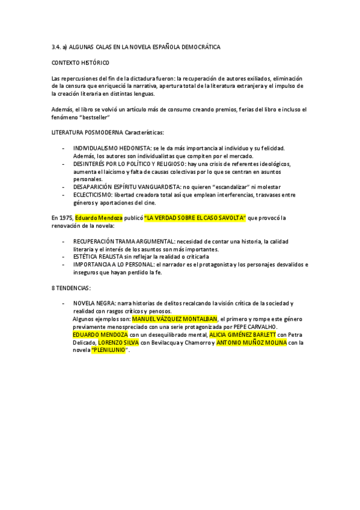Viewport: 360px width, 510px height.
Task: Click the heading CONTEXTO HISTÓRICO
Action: (x=81, y=62)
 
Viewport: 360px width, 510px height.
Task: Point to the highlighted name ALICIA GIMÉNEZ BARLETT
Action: (x=242, y=334)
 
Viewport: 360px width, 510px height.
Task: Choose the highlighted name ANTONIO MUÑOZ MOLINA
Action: (x=251, y=342)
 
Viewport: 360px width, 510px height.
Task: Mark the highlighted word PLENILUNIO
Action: (x=109, y=349)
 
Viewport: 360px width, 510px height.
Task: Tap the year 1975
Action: (x=66, y=217)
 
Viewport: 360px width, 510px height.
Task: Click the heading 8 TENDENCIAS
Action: (x=71, y=287)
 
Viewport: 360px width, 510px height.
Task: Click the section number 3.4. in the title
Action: (x=56, y=46)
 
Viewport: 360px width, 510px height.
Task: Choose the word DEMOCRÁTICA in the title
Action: (x=200, y=46)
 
